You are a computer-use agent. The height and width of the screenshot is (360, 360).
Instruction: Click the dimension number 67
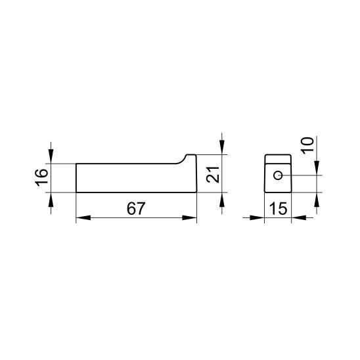click(136, 208)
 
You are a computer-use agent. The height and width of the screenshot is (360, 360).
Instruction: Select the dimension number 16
click(41, 176)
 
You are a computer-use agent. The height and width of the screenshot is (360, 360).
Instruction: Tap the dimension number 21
click(213, 175)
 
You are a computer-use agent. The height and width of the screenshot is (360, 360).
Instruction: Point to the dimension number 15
click(279, 208)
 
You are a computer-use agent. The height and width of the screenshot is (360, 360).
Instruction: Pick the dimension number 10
click(307, 146)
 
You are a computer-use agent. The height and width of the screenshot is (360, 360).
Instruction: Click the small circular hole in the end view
click(278, 175)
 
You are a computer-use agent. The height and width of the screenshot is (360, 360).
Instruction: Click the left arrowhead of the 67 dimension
click(83, 217)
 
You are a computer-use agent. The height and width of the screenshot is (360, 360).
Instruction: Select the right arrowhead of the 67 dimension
click(189, 217)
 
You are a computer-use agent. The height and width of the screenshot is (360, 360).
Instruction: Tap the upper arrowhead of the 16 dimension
click(51, 156)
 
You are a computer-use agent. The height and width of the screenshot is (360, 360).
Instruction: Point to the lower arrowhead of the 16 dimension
click(51, 200)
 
